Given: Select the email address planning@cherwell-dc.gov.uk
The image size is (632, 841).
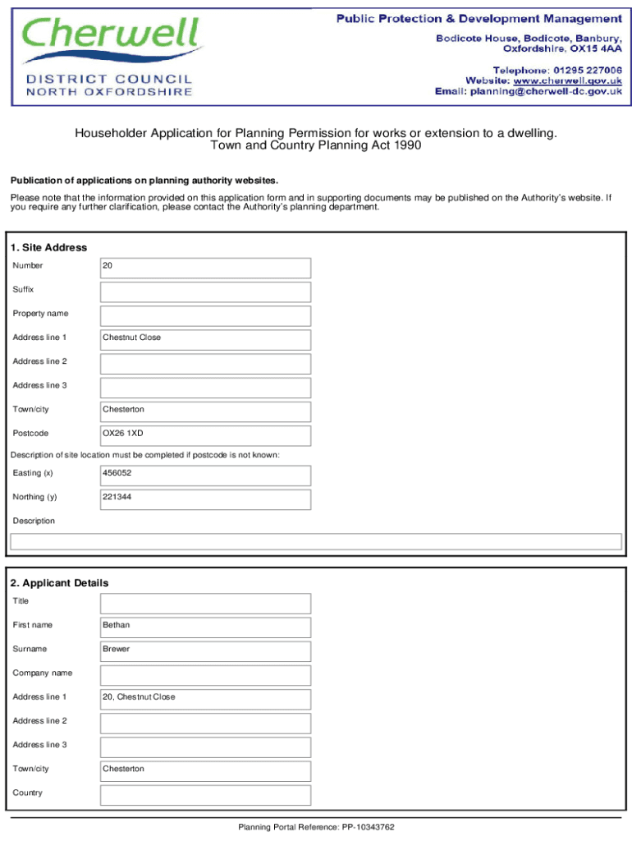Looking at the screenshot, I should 545,92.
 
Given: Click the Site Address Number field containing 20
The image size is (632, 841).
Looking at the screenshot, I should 205,268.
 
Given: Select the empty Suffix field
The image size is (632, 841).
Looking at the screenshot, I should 205,292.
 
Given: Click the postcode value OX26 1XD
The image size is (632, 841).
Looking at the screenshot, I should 205,434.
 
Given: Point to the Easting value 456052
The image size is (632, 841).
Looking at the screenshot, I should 205,475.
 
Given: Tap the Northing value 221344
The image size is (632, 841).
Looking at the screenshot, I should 205,499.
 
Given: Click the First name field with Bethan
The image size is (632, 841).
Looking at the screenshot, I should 205,627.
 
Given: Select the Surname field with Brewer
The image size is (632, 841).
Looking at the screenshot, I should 205,650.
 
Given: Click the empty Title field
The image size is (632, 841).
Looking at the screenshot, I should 205,603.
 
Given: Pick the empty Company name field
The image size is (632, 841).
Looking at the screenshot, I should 205,674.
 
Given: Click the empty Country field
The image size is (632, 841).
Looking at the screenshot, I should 205,794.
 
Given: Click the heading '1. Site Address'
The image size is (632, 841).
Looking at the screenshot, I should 48,247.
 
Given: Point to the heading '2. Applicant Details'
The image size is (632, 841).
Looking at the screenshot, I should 59,583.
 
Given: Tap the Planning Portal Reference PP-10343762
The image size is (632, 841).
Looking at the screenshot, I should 317,827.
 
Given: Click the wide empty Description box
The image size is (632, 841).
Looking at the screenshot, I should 315,541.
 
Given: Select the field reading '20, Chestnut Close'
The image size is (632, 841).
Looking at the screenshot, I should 205,698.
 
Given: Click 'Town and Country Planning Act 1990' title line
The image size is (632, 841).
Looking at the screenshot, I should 316,145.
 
